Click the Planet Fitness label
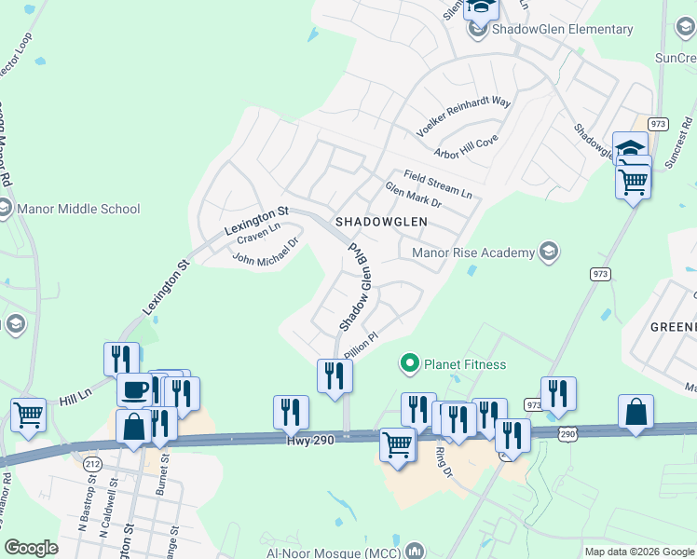465,364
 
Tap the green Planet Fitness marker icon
408,362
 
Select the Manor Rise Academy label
473,252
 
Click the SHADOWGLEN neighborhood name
380,222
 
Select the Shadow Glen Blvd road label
356,288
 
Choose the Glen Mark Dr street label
413,195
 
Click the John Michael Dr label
265,252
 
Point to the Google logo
32,548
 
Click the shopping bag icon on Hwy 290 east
635,411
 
